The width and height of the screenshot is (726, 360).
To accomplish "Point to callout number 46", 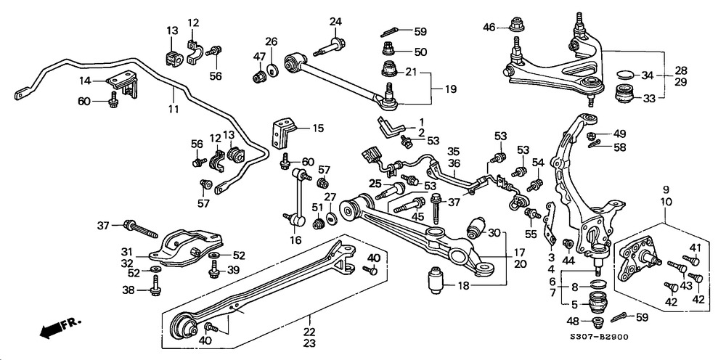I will pos(489,28).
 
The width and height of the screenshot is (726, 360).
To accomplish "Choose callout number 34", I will pos(648,75).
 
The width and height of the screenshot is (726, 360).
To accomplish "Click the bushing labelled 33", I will pos(623,95).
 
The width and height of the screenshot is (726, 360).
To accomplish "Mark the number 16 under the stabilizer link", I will pos(294,240).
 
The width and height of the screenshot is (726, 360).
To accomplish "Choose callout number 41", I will pos(695,247).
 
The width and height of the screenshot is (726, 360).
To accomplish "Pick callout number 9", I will pos(665,190).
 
